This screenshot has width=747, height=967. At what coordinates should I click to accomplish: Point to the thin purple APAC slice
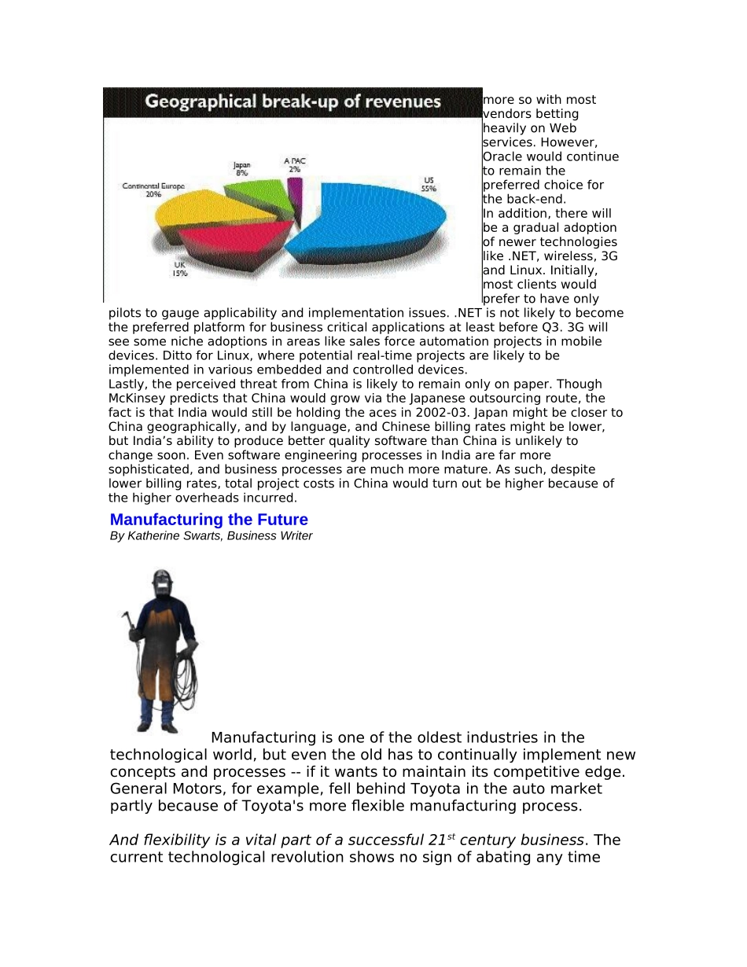295,189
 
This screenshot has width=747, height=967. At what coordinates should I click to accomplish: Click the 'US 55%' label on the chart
429,185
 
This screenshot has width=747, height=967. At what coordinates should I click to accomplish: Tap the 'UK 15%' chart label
180,270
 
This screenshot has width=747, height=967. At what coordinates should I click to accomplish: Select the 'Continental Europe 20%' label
153,189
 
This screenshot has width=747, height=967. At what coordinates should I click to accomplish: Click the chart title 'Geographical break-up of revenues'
293,101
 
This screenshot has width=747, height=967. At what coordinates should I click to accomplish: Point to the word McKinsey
138,399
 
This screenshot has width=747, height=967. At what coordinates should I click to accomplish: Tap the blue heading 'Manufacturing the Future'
208,520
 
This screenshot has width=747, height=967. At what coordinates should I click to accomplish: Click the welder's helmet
163,583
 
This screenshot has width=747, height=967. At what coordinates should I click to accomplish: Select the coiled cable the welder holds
186,680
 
